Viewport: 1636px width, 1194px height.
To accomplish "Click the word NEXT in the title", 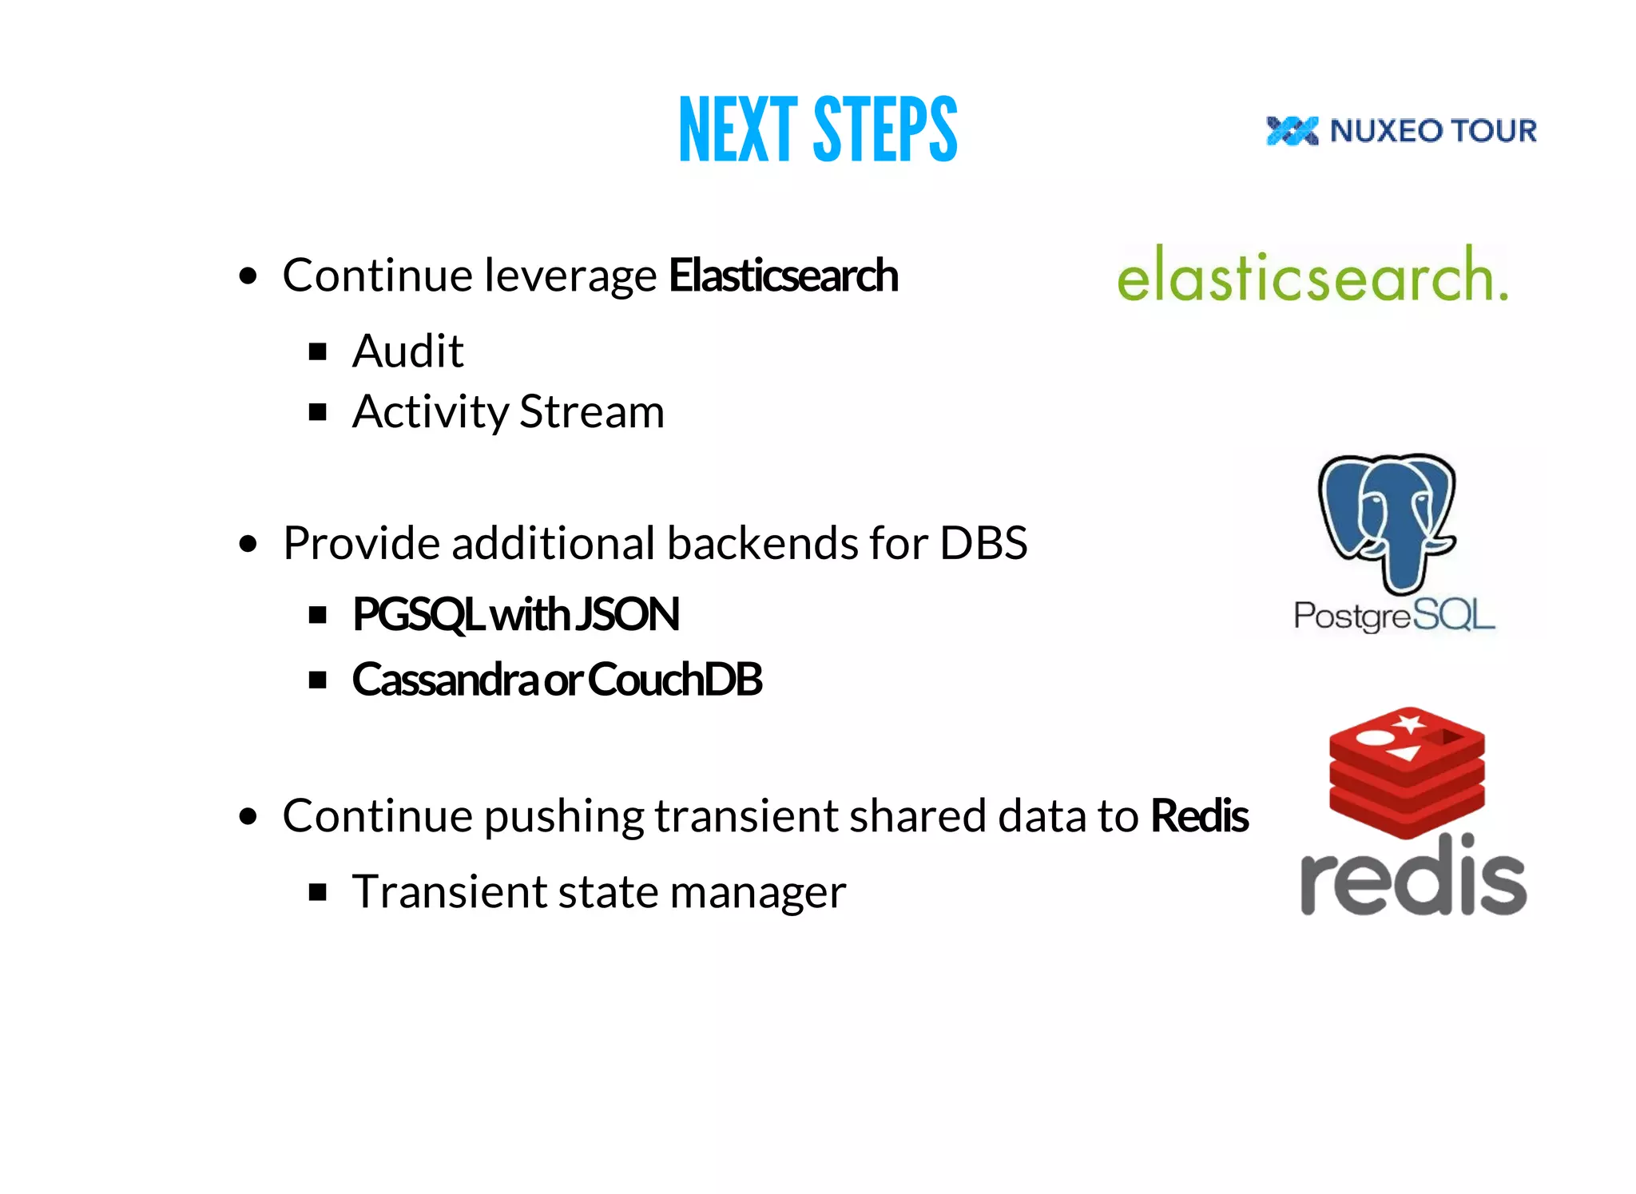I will (738, 129).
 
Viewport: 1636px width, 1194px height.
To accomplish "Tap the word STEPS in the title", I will (885, 129).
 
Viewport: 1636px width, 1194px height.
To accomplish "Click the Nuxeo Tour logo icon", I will (1292, 131).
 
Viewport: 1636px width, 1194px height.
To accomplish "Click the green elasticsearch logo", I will (1312, 276).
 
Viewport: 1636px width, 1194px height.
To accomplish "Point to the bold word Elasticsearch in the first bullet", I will (783, 276).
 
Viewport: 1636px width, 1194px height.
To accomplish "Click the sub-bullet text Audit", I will (407, 351).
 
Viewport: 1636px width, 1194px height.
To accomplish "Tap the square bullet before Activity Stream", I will (318, 412).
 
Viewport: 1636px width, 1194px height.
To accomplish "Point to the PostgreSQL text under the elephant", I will (1394, 616).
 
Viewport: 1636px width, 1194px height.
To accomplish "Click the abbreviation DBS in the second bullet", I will (983, 544).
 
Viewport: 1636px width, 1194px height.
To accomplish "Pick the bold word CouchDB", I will (676, 680).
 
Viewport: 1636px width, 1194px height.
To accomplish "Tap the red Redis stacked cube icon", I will (1407, 771).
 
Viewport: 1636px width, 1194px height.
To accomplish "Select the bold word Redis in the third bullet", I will (1199, 816).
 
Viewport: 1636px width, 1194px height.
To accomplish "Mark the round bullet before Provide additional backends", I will (248, 545).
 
